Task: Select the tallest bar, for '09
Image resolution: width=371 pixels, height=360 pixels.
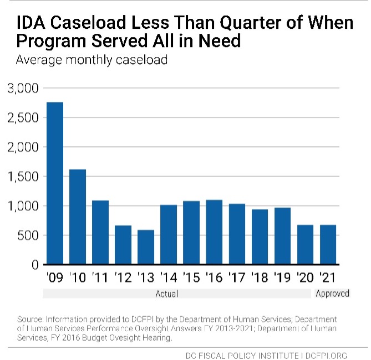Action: (x=54, y=183)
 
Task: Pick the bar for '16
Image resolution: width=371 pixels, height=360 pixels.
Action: (x=214, y=232)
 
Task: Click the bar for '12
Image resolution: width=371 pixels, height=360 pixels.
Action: (x=123, y=245)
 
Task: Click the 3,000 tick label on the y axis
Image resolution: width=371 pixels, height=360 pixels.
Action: (x=23, y=89)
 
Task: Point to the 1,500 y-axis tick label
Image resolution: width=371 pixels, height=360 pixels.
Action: (x=23, y=177)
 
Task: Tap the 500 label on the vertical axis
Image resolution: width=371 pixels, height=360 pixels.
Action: (x=27, y=235)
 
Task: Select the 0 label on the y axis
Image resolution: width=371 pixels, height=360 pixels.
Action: (x=34, y=265)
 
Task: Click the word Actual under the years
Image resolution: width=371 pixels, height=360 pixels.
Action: (x=166, y=294)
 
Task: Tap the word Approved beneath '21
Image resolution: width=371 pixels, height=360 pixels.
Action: (x=332, y=294)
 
